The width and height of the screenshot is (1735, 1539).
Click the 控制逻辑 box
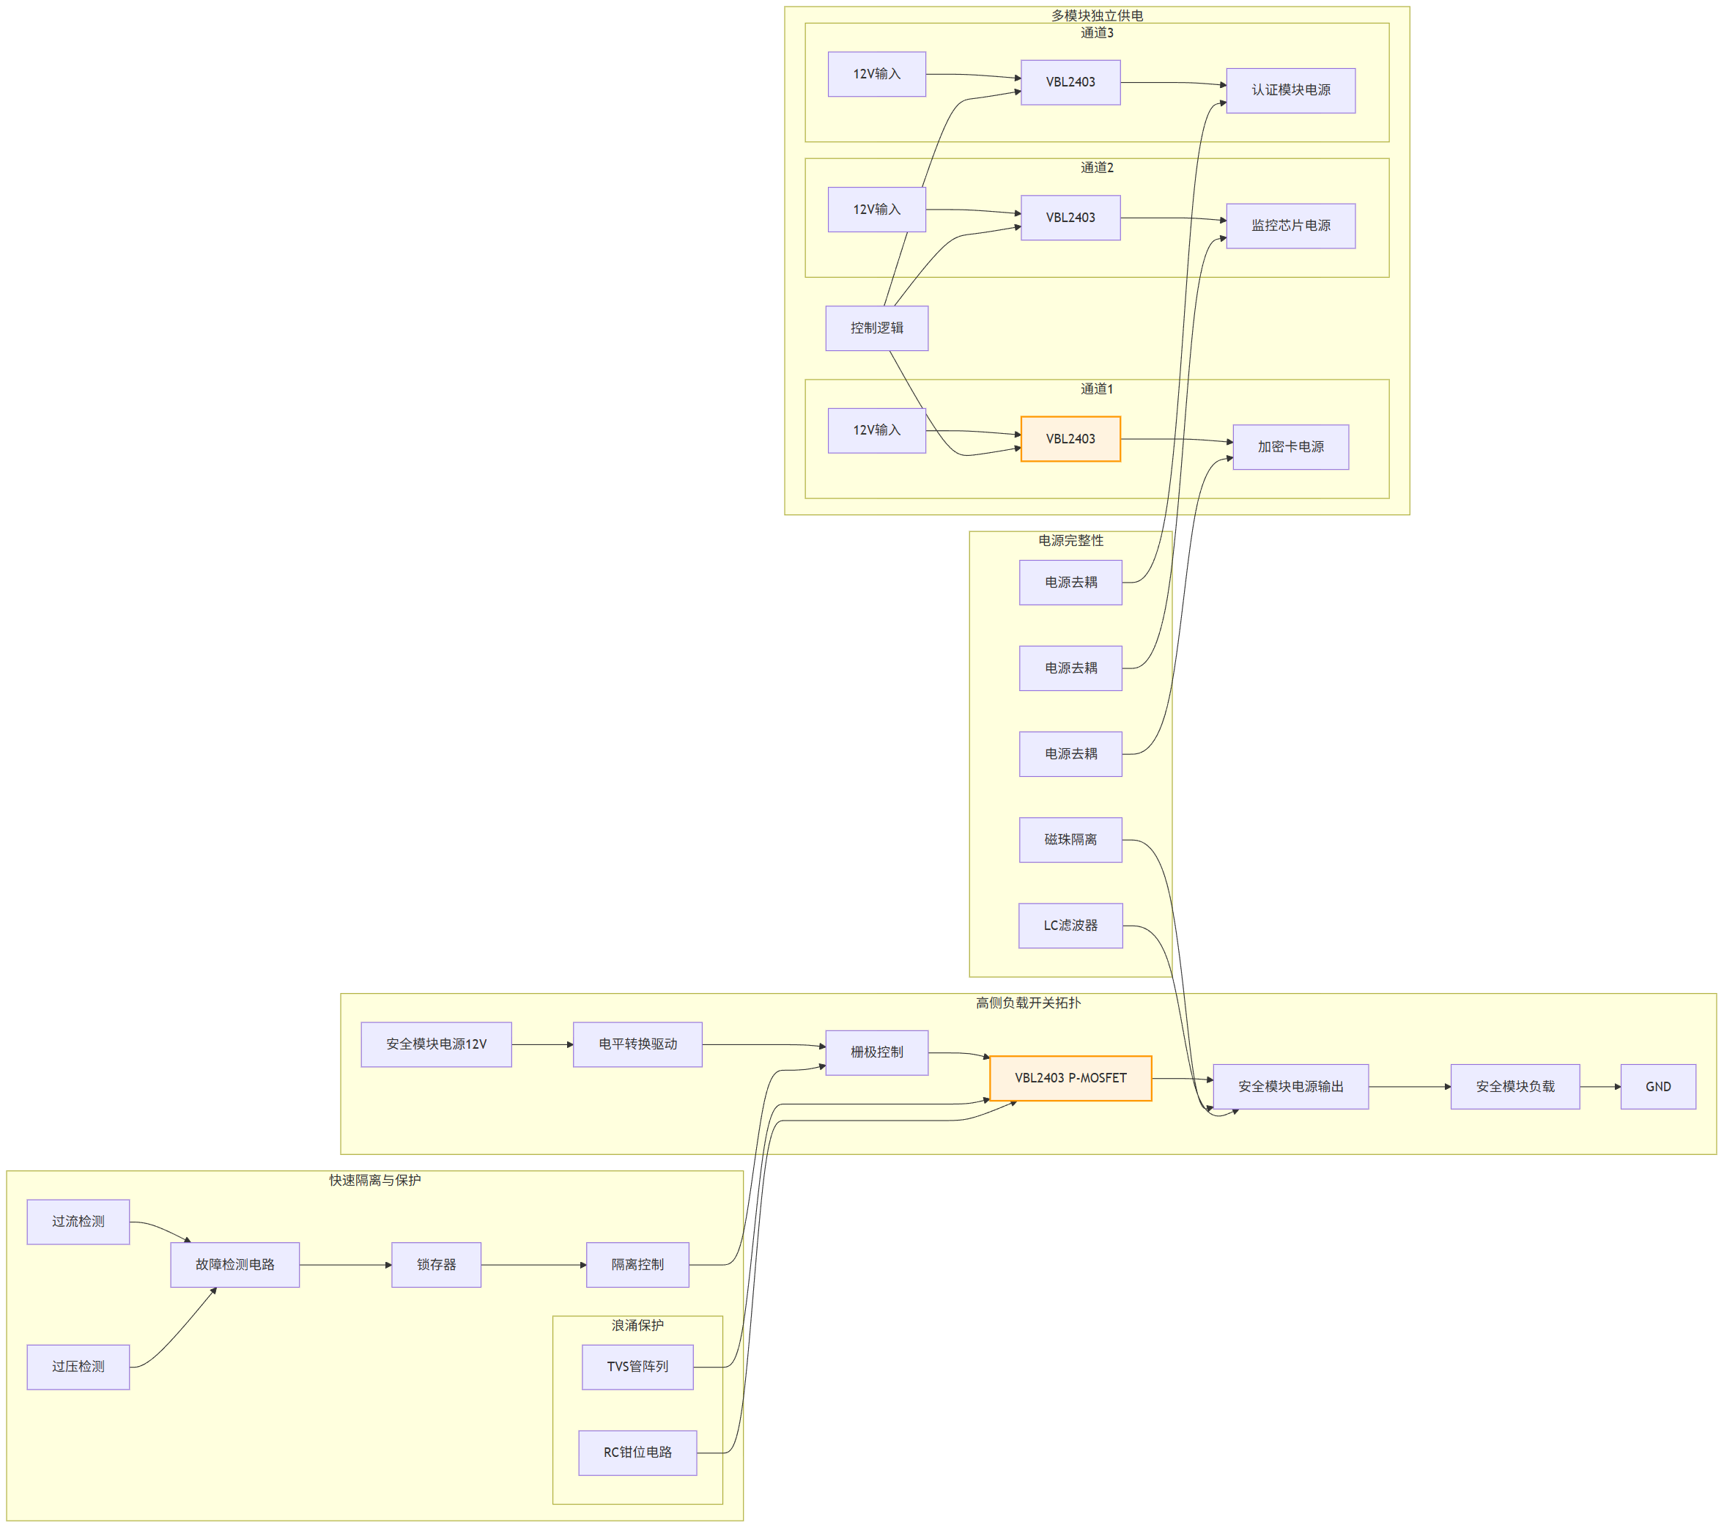click(x=876, y=328)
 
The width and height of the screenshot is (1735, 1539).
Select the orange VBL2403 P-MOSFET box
click(x=1070, y=1078)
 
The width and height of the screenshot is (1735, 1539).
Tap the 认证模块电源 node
click(x=1290, y=91)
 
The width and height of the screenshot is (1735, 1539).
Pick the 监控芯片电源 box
click(x=1290, y=226)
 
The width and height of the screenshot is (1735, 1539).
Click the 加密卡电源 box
click(x=1290, y=447)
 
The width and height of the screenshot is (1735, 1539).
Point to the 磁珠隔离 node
click(x=1070, y=840)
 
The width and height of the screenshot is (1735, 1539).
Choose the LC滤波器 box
click(x=1070, y=926)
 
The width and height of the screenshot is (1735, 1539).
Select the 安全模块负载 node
click(x=1514, y=1087)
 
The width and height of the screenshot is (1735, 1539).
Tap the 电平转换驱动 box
click(x=637, y=1044)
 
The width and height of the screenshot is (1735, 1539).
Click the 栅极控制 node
click(x=876, y=1052)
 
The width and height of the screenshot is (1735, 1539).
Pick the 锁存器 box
click(x=436, y=1265)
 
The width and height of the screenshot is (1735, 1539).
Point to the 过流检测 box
click(x=78, y=1222)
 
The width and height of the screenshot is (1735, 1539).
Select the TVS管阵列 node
click(x=637, y=1367)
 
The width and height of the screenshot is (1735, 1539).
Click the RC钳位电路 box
click(x=637, y=1453)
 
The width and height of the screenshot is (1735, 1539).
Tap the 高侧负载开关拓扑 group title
click(x=1027, y=1003)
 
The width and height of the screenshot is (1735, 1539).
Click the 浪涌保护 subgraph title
click(x=637, y=1325)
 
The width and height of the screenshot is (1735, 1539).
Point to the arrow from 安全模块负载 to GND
click(x=1599, y=1087)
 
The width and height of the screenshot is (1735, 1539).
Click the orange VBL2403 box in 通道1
click(x=1070, y=439)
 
